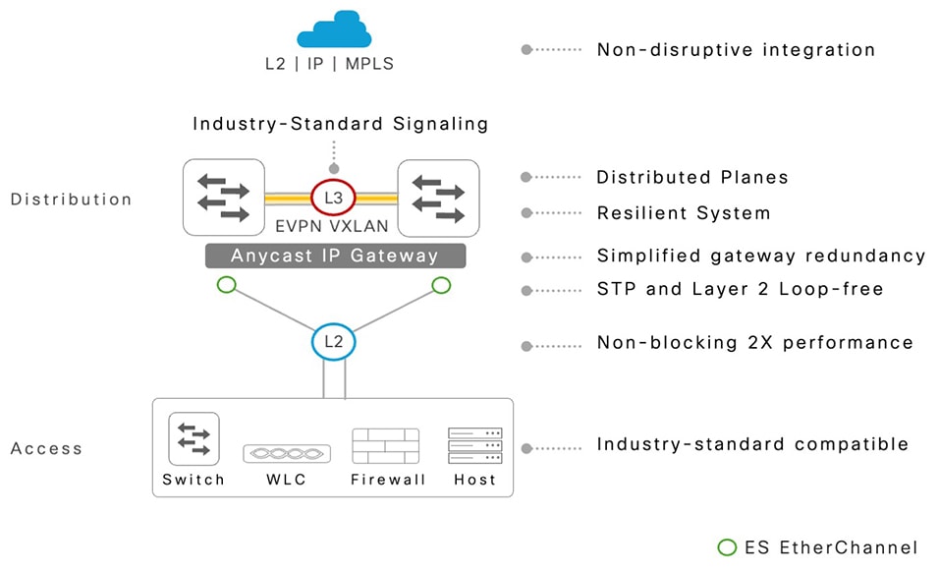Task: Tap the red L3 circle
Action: pos(334,198)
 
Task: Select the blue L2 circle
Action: pos(333,342)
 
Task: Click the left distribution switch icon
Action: pos(224,197)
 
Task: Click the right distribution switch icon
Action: pos(438,197)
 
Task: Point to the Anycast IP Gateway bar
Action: pos(334,256)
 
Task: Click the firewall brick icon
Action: pos(386,445)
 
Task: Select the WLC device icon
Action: pos(287,453)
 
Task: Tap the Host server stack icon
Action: pos(474,445)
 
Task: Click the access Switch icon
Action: pos(193,438)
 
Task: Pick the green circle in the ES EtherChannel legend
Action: pos(727,547)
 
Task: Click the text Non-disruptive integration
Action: pos(736,49)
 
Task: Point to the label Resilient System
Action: pos(684,213)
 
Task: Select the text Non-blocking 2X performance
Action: pos(754,343)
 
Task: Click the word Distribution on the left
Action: pos(71,200)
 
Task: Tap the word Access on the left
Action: pos(46,449)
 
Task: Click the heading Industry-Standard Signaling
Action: pos(340,124)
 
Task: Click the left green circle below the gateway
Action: pos(227,285)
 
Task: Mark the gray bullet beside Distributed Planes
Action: pos(526,178)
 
